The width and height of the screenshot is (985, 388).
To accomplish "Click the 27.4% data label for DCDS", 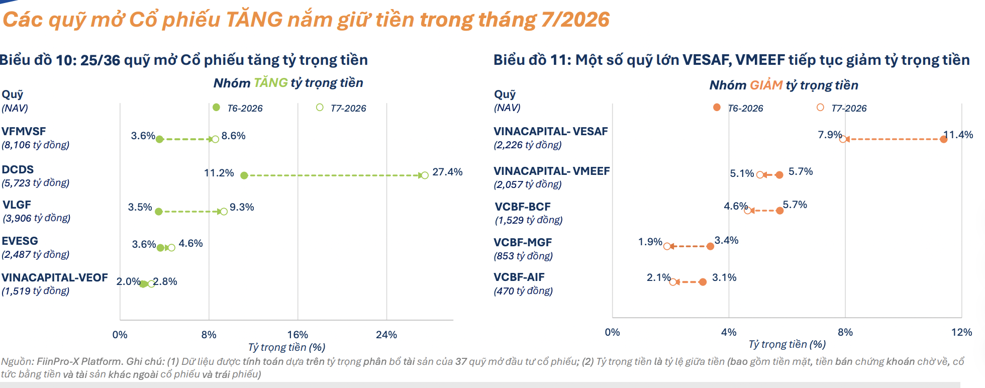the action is [x=447, y=172].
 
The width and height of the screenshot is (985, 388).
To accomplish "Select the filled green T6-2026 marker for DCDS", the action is [x=244, y=175].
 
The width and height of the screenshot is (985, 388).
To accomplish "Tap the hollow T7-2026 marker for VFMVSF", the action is [x=215, y=139].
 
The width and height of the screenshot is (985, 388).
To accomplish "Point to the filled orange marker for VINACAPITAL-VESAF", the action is [x=944, y=139].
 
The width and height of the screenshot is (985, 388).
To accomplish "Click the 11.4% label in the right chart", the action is [x=958, y=135].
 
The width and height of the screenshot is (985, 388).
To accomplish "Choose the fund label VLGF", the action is [x=17, y=205].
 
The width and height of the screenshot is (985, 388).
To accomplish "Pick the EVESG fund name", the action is [x=20, y=241].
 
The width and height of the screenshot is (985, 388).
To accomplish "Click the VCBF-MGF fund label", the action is [x=523, y=242].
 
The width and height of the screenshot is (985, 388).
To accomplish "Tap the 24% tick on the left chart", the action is [x=386, y=335].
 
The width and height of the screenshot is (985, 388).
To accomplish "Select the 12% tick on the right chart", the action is [x=961, y=332].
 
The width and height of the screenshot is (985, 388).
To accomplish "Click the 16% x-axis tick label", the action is [x=298, y=335].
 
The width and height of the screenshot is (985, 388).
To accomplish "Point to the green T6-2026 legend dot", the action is [x=217, y=107].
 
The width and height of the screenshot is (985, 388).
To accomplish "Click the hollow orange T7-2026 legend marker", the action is [x=820, y=107].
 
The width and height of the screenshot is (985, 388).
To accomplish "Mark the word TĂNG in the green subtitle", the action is [x=271, y=83].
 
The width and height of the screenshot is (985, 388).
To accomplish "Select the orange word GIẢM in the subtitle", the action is [x=766, y=85].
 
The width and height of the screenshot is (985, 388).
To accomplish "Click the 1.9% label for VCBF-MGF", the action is [x=650, y=242].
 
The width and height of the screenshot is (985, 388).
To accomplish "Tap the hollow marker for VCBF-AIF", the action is [x=673, y=282].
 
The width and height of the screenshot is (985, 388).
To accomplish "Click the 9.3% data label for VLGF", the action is [x=242, y=207].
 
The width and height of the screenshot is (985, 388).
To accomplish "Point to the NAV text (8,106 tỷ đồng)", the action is [x=36, y=145].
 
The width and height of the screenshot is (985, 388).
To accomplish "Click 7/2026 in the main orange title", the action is [x=575, y=20].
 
